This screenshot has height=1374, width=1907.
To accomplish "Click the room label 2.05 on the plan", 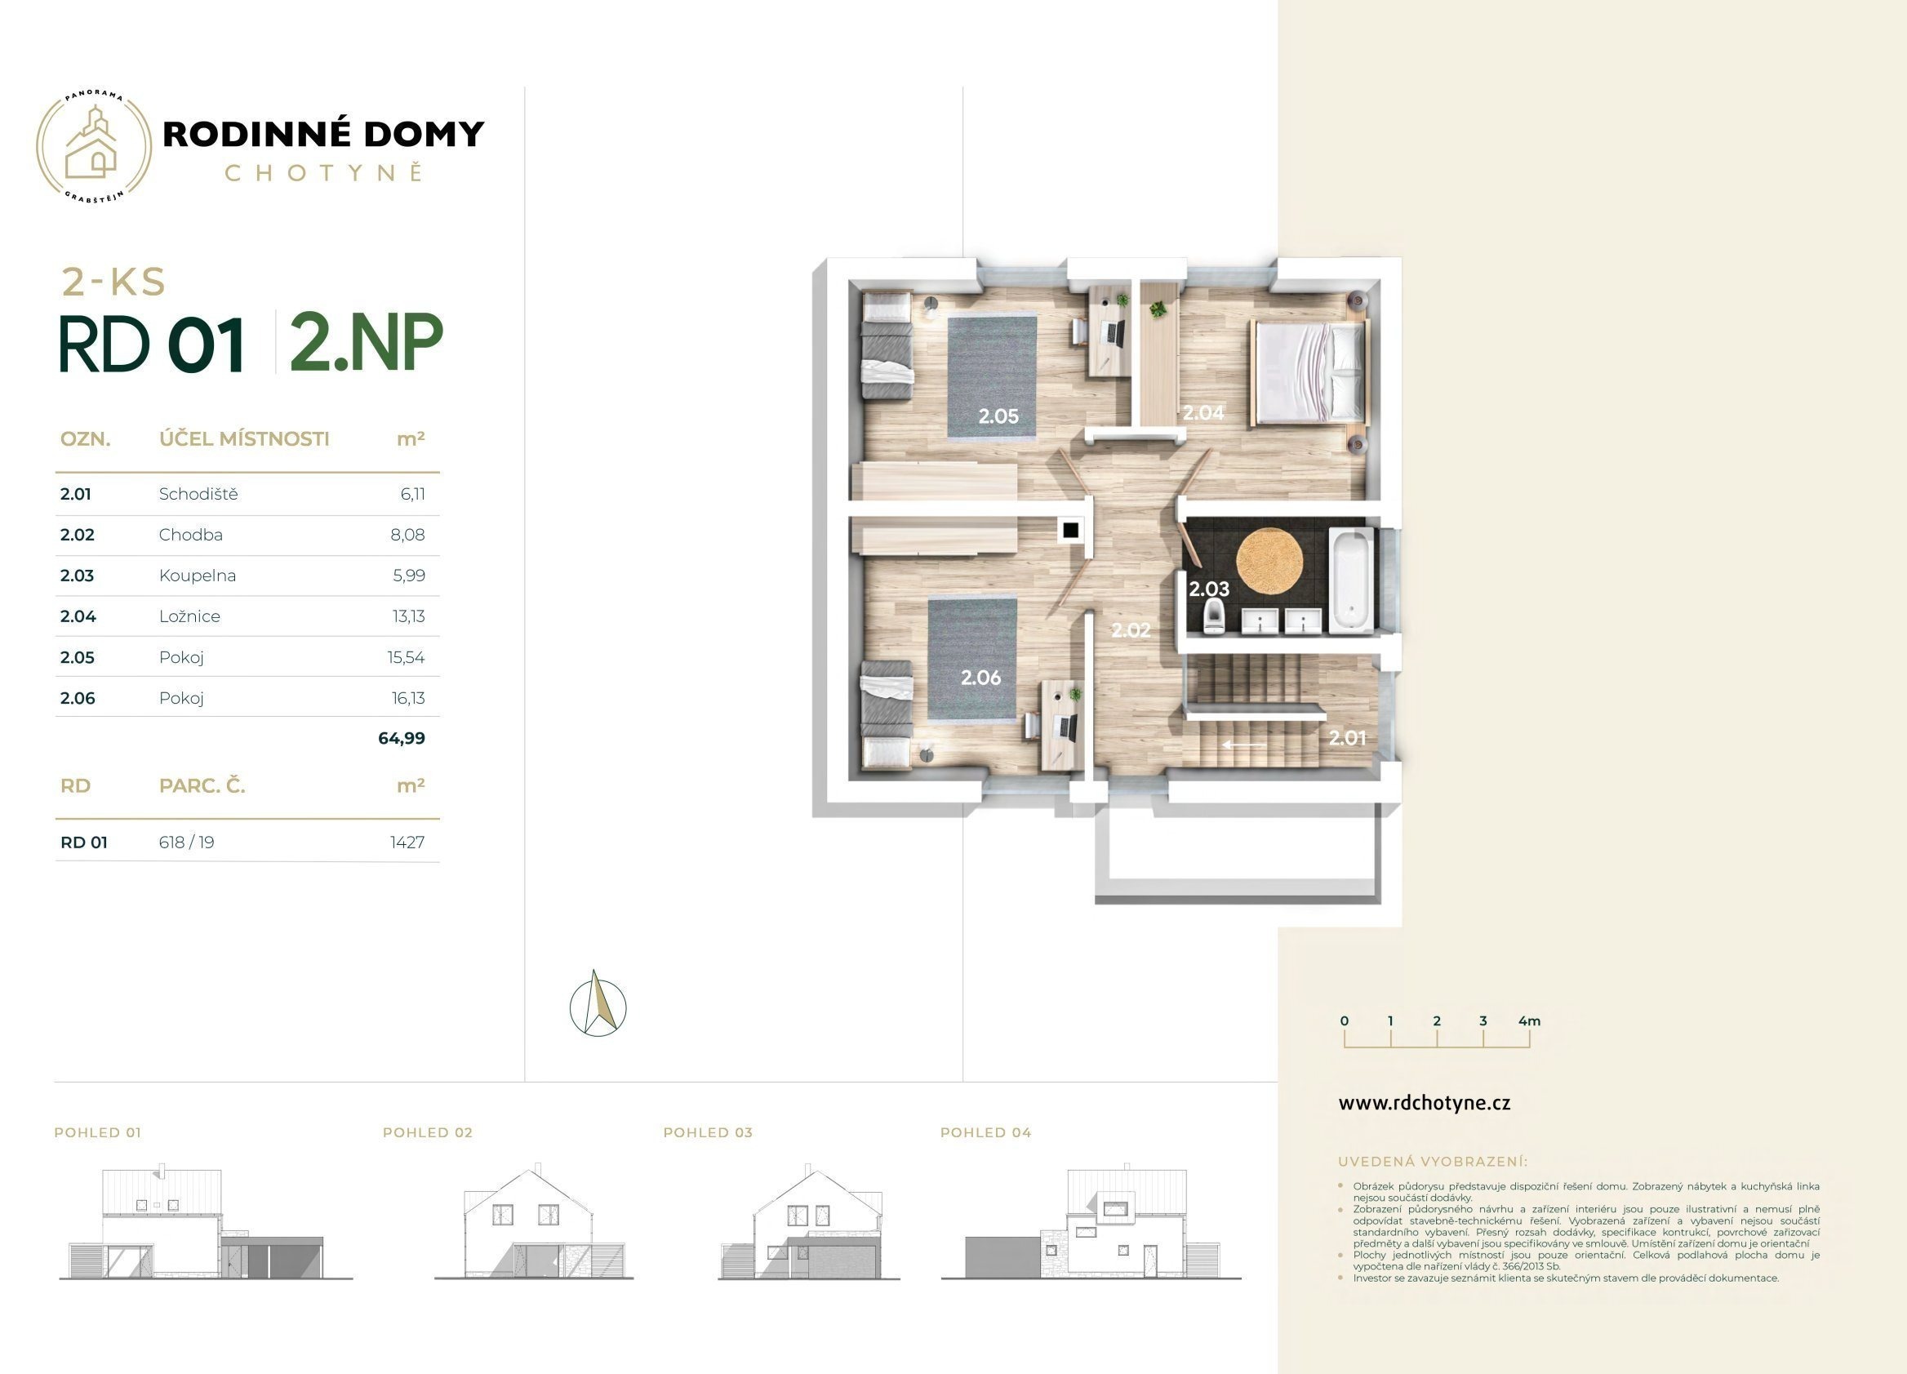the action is (x=998, y=416).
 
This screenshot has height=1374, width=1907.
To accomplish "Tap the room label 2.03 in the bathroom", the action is (x=1208, y=589).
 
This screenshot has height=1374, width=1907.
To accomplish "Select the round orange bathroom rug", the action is (x=1269, y=558).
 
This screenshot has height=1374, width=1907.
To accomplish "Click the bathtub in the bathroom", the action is (x=1350, y=580).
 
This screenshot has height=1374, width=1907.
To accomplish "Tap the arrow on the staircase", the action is (x=1244, y=745).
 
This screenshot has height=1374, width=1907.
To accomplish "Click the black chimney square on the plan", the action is (x=1070, y=531).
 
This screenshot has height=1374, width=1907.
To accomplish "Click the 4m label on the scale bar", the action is (x=1530, y=1020).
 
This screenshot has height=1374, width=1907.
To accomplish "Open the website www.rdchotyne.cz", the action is (x=1425, y=1103).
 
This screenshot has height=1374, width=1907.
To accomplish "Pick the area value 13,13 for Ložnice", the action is (x=409, y=616).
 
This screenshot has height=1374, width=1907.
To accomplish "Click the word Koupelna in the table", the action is (x=198, y=576).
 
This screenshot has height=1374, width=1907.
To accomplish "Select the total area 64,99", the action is (x=402, y=738).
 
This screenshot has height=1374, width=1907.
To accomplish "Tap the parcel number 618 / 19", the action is (x=187, y=843).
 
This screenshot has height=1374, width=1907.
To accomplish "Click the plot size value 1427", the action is (x=408, y=843).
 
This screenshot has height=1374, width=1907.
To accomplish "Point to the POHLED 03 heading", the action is (x=708, y=1132).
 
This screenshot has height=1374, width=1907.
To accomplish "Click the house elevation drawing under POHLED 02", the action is (x=534, y=1224).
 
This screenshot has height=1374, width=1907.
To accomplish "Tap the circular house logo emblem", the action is (x=94, y=146).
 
